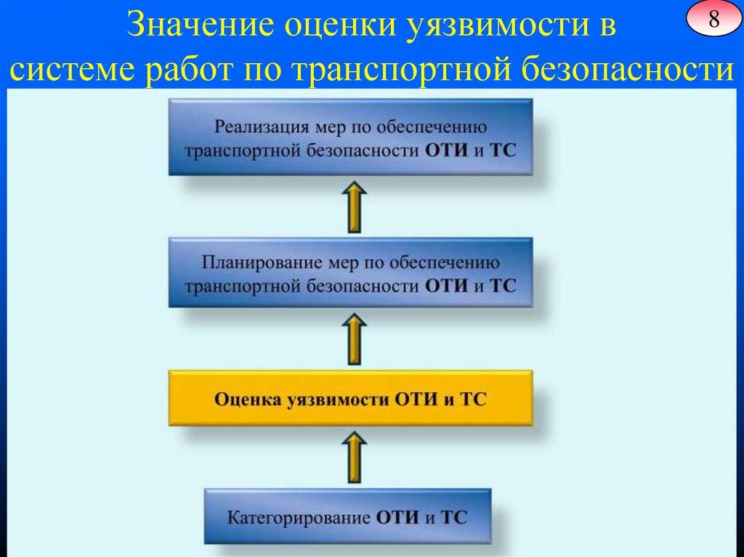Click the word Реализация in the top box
[x=251, y=128]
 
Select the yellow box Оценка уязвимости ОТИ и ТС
[x=350, y=399]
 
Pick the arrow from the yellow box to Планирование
[x=355, y=338]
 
